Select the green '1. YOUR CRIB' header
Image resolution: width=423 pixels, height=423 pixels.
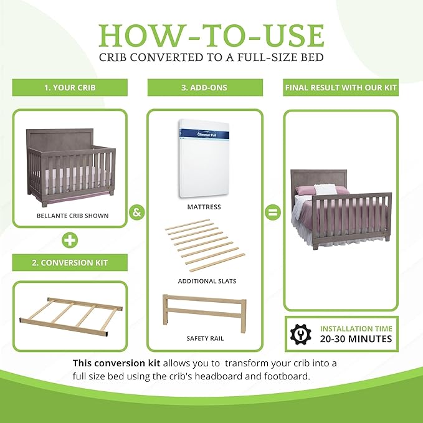(70, 88)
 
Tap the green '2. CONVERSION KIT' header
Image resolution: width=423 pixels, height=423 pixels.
(70, 263)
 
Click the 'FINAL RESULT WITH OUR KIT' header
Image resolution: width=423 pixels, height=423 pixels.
(341, 88)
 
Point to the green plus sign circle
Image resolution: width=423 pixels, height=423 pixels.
(70, 239)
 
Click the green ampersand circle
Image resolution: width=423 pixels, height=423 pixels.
(136, 212)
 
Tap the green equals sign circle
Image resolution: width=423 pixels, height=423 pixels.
(272, 212)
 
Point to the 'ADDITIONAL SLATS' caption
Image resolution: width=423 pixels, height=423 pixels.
(207, 281)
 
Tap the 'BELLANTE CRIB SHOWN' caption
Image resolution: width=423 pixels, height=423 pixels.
(72, 216)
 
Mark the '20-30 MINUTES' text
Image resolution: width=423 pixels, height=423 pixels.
(356, 339)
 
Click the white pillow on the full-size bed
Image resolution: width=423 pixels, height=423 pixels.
(324, 189)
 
